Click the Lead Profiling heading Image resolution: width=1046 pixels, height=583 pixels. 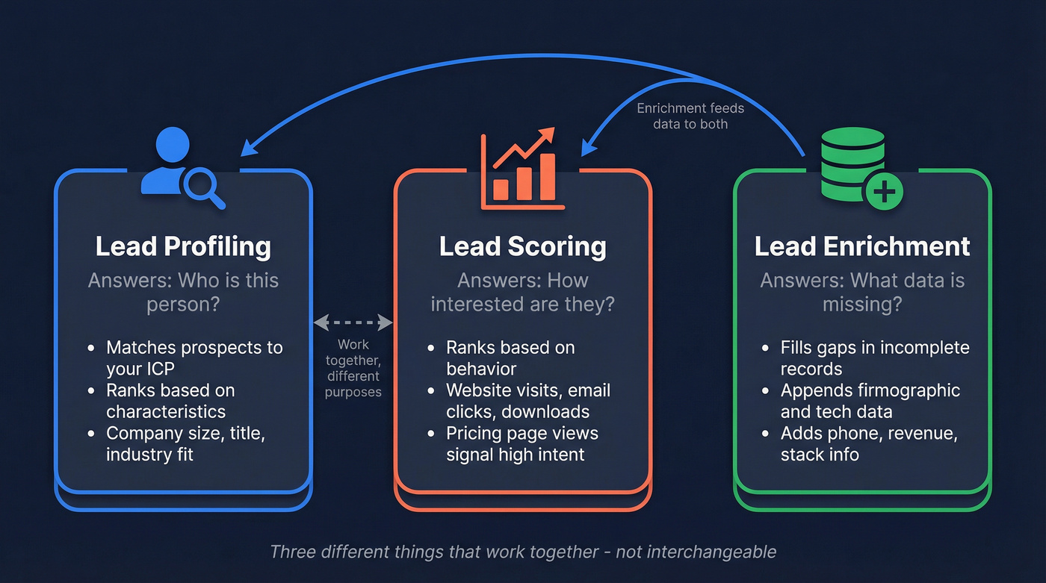click(183, 246)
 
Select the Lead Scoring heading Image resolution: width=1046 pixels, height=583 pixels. click(522, 246)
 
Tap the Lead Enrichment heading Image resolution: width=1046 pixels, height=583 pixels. click(862, 246)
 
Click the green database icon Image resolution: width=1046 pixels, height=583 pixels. click(852, 164)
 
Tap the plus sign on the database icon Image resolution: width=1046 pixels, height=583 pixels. click(884, 193)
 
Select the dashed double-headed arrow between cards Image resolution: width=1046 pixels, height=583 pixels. click(353, 322)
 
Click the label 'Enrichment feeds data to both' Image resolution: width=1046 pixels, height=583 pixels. click(690, 116)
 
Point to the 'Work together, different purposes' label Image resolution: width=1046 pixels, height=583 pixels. click(353, 368)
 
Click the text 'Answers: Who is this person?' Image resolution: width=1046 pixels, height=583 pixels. click(183, 292)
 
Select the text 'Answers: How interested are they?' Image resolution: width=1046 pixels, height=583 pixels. click(522, 292)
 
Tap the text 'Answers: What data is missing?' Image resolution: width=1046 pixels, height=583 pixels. click(862, 292)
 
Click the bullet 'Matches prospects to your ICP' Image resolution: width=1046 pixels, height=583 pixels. click(194, 358)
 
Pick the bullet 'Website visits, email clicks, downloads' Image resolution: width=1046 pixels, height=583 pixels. click(527, 401)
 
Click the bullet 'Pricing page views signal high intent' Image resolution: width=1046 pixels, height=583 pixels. click(522, 443)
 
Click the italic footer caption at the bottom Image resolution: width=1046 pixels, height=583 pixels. click(522, 552)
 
